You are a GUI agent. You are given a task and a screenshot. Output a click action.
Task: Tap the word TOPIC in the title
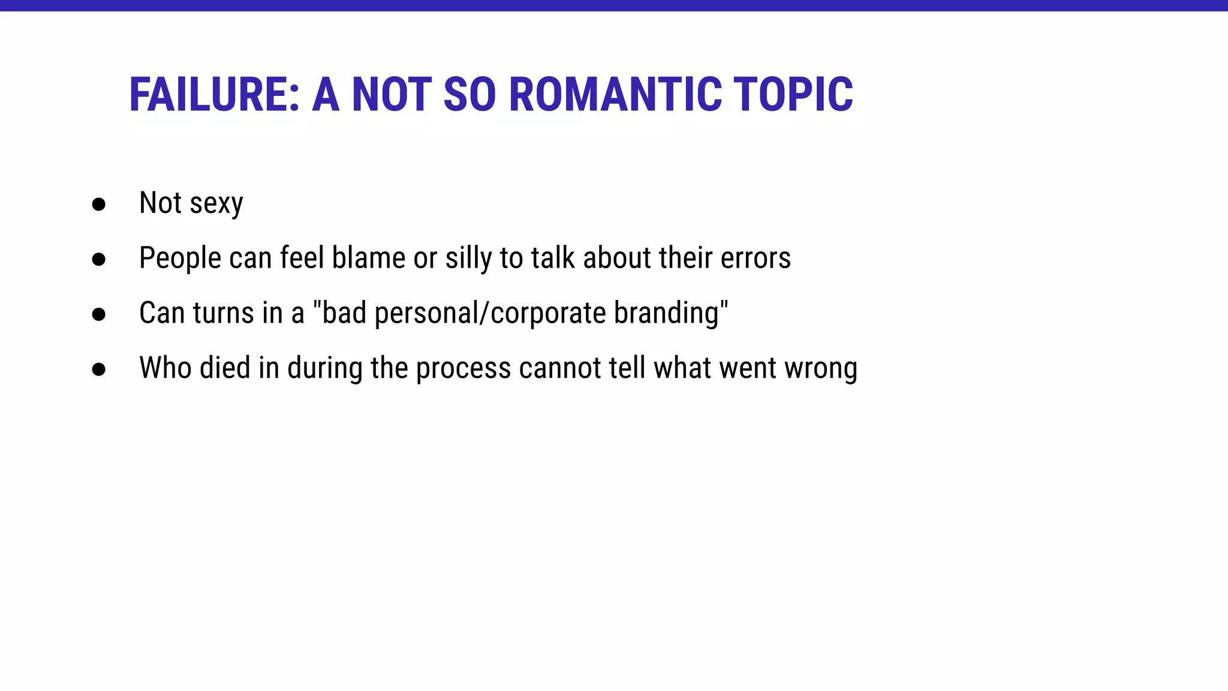coord(793,95)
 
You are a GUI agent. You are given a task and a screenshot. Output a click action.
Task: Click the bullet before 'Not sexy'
coord(99,205)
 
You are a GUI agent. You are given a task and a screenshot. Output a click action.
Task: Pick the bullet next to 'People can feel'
coord(99,259)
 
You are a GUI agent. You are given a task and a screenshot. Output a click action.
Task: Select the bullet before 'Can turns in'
coord(99,314)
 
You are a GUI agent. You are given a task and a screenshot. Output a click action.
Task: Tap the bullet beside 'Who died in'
coord(99,369)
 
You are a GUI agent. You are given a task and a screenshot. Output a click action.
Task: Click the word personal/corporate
coord(490,314)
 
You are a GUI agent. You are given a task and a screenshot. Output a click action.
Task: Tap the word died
coord(225,368)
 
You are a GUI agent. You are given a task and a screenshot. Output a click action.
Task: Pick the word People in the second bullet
coord(180,259)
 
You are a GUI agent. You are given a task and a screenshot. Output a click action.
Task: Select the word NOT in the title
coord(391,95)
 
